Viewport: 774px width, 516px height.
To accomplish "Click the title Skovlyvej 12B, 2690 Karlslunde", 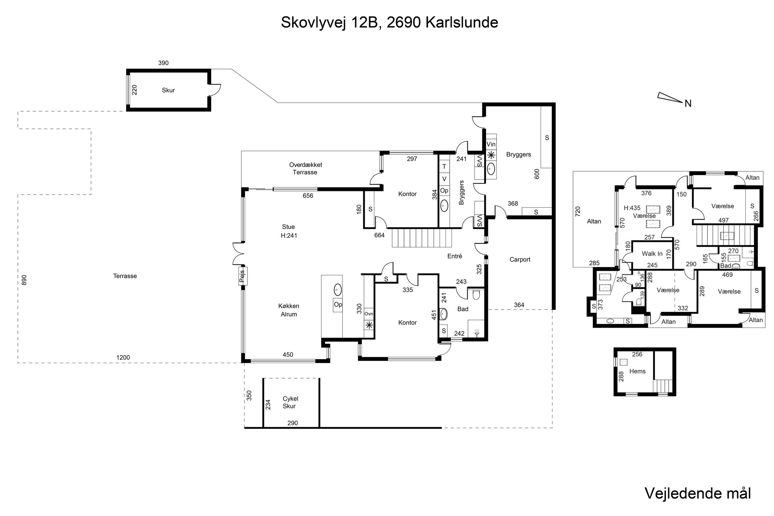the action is click(389, 22).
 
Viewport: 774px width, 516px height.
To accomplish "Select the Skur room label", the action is click(168, 90).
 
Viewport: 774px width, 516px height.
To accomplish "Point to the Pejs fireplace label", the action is click(243, 276).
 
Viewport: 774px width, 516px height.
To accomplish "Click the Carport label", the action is click(520, 260).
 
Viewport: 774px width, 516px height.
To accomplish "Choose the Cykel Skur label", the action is click(289, 402).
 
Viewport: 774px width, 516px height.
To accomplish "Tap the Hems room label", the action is click(637, 371).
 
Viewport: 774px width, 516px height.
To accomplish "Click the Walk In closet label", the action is click(652, 254).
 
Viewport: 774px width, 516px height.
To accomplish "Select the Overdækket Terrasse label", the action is click(305, 168).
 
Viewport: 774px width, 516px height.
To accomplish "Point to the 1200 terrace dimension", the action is click(123, 358).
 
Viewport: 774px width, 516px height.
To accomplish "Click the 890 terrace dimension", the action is click(24, 281).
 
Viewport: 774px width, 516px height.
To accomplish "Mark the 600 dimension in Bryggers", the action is click(537, 174).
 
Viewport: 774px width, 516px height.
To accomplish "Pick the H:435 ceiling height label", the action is click(632, 208).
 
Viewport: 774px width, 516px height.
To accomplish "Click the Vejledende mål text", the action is click(698, 494).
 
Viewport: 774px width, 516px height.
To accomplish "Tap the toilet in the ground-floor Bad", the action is click(476, 294).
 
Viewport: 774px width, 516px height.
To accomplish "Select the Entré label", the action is click(455, 256).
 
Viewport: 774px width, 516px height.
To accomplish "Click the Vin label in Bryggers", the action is click(491, 144).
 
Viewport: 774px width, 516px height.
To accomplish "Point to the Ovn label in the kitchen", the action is click(369, 314).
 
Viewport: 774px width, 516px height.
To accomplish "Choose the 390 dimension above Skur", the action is click(163, 63).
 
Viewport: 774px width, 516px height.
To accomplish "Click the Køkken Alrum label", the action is click(289, 310).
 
